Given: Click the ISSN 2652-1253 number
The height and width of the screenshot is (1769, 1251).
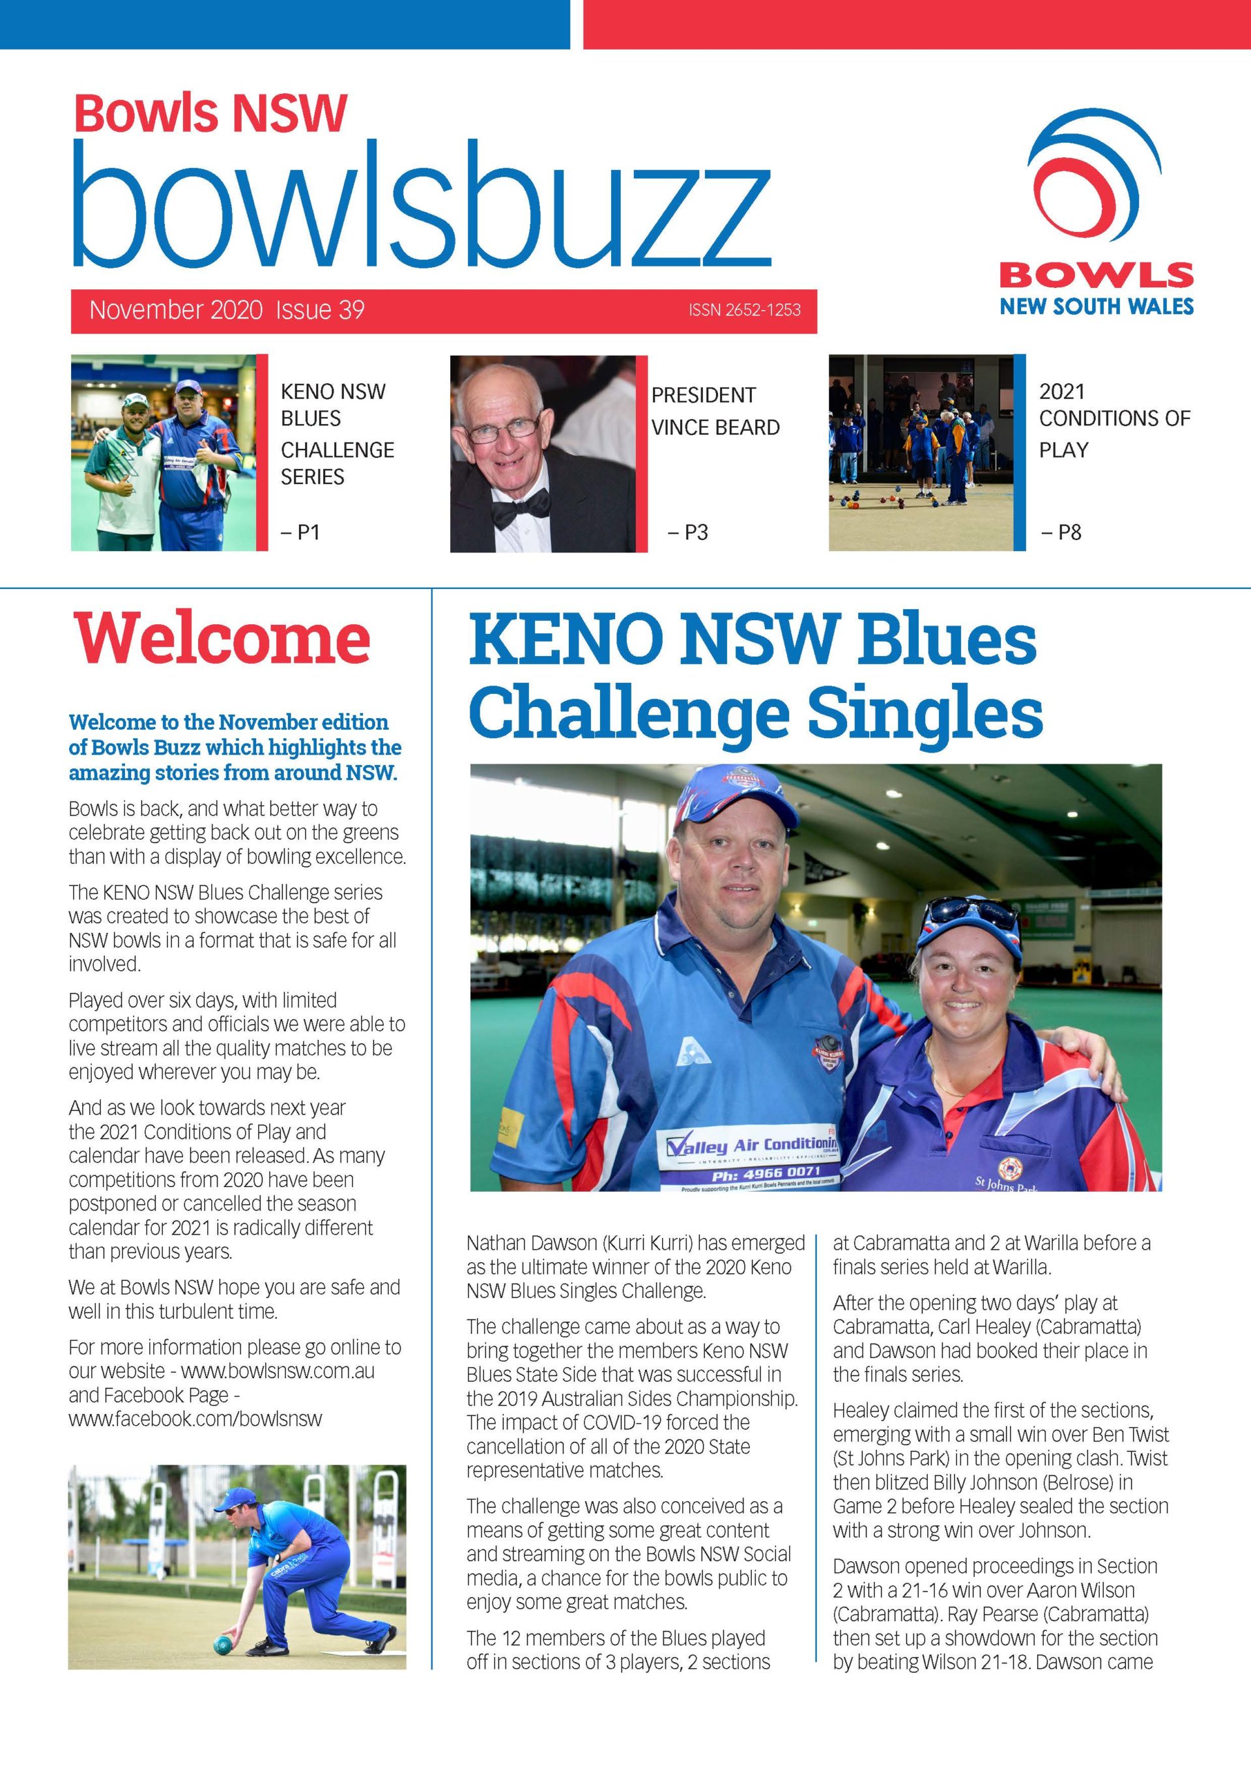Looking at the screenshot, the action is (x=744, y=309).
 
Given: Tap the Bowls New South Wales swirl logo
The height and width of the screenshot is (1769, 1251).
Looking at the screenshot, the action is (x=1095, y=184).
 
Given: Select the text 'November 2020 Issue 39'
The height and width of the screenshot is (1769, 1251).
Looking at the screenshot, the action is (x=227, y=309).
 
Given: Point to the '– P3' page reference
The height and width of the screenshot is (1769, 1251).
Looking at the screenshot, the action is (x=687, y=532).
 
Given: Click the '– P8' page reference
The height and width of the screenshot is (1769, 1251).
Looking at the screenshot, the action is (x=1061, y=532).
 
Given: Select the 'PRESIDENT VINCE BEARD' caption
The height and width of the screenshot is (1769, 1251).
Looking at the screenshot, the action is (x=715, y=410).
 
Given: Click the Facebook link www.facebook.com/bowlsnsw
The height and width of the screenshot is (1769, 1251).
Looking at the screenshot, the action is (x=195, y=1418).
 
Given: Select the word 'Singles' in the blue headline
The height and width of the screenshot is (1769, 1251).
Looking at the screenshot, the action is (x=925, y=713).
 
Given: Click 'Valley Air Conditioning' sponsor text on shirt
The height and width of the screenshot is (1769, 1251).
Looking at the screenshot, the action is (x=753, y=1145).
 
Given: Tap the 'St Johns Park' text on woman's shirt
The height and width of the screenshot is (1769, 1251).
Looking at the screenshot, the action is (x=1007, y=1183).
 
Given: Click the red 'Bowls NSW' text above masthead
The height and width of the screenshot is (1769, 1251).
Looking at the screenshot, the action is (x=210, y=113).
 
